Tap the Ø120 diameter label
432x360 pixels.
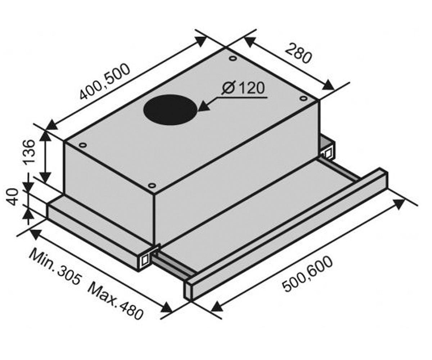point(243,88)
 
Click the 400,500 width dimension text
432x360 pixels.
point(105,81)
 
